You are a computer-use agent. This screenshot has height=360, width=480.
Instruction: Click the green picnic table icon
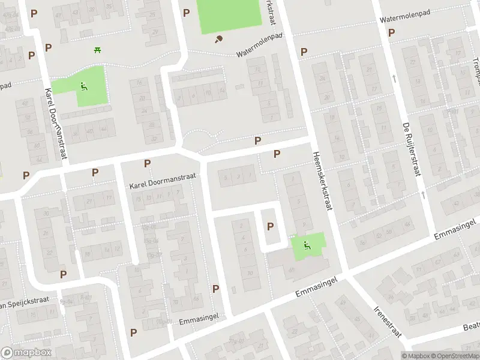tap(97, 50)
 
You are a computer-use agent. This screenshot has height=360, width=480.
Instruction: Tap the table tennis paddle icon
tap(219, 40)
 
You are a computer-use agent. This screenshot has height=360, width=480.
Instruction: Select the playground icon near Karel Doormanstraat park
tap(83, 86)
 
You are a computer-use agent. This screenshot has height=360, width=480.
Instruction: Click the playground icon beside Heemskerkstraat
tap(307, 245)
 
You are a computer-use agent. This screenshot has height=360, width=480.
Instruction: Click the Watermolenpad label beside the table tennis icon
tap(259, 46)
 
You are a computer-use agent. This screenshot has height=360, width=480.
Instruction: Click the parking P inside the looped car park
tap(271, 227)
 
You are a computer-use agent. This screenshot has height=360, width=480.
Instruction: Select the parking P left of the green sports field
tap(186, 13)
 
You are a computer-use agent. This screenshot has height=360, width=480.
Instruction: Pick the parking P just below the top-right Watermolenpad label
tap(391, 32)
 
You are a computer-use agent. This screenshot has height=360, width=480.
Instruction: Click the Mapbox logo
tap(26, 353)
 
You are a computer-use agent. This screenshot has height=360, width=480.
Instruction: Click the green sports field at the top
tap(230, 16)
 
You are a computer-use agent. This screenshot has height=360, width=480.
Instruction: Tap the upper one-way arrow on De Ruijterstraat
tap(394, 78)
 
